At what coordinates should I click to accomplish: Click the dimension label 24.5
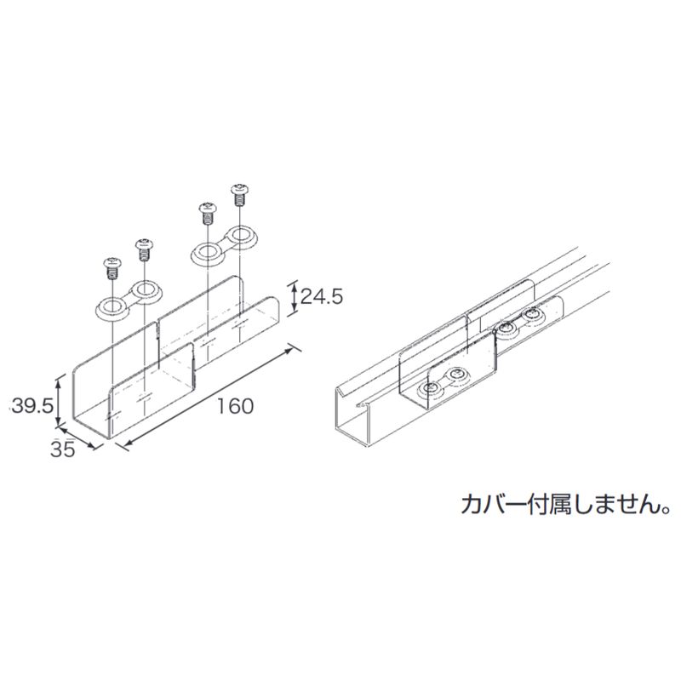click(322, 296)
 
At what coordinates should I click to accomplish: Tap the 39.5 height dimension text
click(33, 406)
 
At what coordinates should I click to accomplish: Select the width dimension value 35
click(63, 449)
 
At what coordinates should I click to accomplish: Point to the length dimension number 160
click(235, 406)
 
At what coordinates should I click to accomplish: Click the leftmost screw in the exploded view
click(112, 269)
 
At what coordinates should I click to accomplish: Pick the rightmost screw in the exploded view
click(239, 195)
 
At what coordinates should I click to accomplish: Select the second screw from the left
click(144, 249)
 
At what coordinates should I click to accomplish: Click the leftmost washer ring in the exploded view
click(113, 308)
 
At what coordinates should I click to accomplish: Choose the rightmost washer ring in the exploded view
click(240, 236)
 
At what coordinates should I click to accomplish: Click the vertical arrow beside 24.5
click(294, 297)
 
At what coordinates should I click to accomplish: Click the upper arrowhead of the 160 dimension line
click(297, 351)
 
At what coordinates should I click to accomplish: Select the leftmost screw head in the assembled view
click(432, 388)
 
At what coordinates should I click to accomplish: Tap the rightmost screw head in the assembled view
click(533, 314)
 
